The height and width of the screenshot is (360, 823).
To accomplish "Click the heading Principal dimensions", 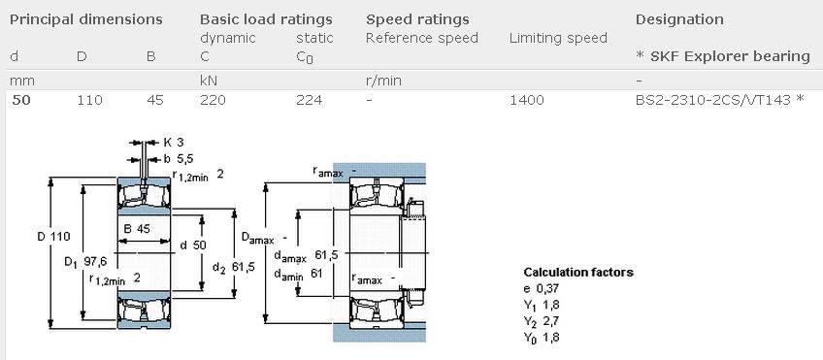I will tap(86, 19).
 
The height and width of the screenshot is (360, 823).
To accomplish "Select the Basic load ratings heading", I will tap(266, 19).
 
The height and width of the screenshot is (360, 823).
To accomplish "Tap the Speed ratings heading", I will tap(417, 19).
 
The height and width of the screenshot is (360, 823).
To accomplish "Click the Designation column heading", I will tap(679, 19).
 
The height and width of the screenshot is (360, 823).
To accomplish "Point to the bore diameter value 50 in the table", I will tap(19, 99).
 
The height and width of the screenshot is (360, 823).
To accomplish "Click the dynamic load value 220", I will tap(213, 99).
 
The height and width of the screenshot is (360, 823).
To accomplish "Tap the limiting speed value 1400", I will tap(527, 99).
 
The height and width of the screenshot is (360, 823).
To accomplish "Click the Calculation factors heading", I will tap(578, 272).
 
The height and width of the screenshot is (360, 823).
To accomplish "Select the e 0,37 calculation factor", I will tap(543, 288).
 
